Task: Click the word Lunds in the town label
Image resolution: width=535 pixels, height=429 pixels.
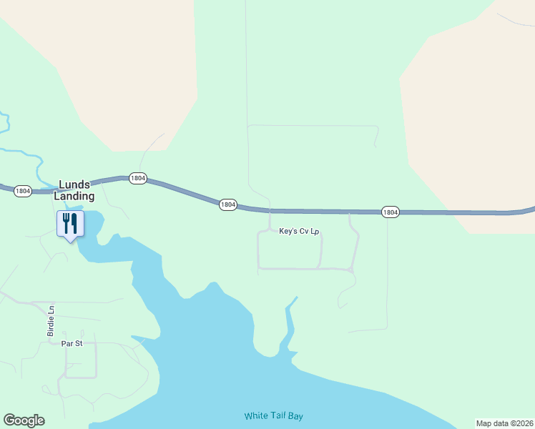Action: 74,184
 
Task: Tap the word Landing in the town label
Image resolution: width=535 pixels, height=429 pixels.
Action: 74,196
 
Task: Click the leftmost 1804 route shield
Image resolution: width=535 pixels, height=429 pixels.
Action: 23,191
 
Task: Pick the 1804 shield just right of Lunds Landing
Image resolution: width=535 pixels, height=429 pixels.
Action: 138,178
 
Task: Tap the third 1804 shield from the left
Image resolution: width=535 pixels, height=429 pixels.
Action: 227,204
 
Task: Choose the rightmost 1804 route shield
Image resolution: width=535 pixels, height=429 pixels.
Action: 390,212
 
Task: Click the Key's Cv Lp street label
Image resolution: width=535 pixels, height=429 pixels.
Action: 298,232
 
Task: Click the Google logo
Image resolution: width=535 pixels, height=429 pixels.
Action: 24,420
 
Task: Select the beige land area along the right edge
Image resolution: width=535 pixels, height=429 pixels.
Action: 472,129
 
